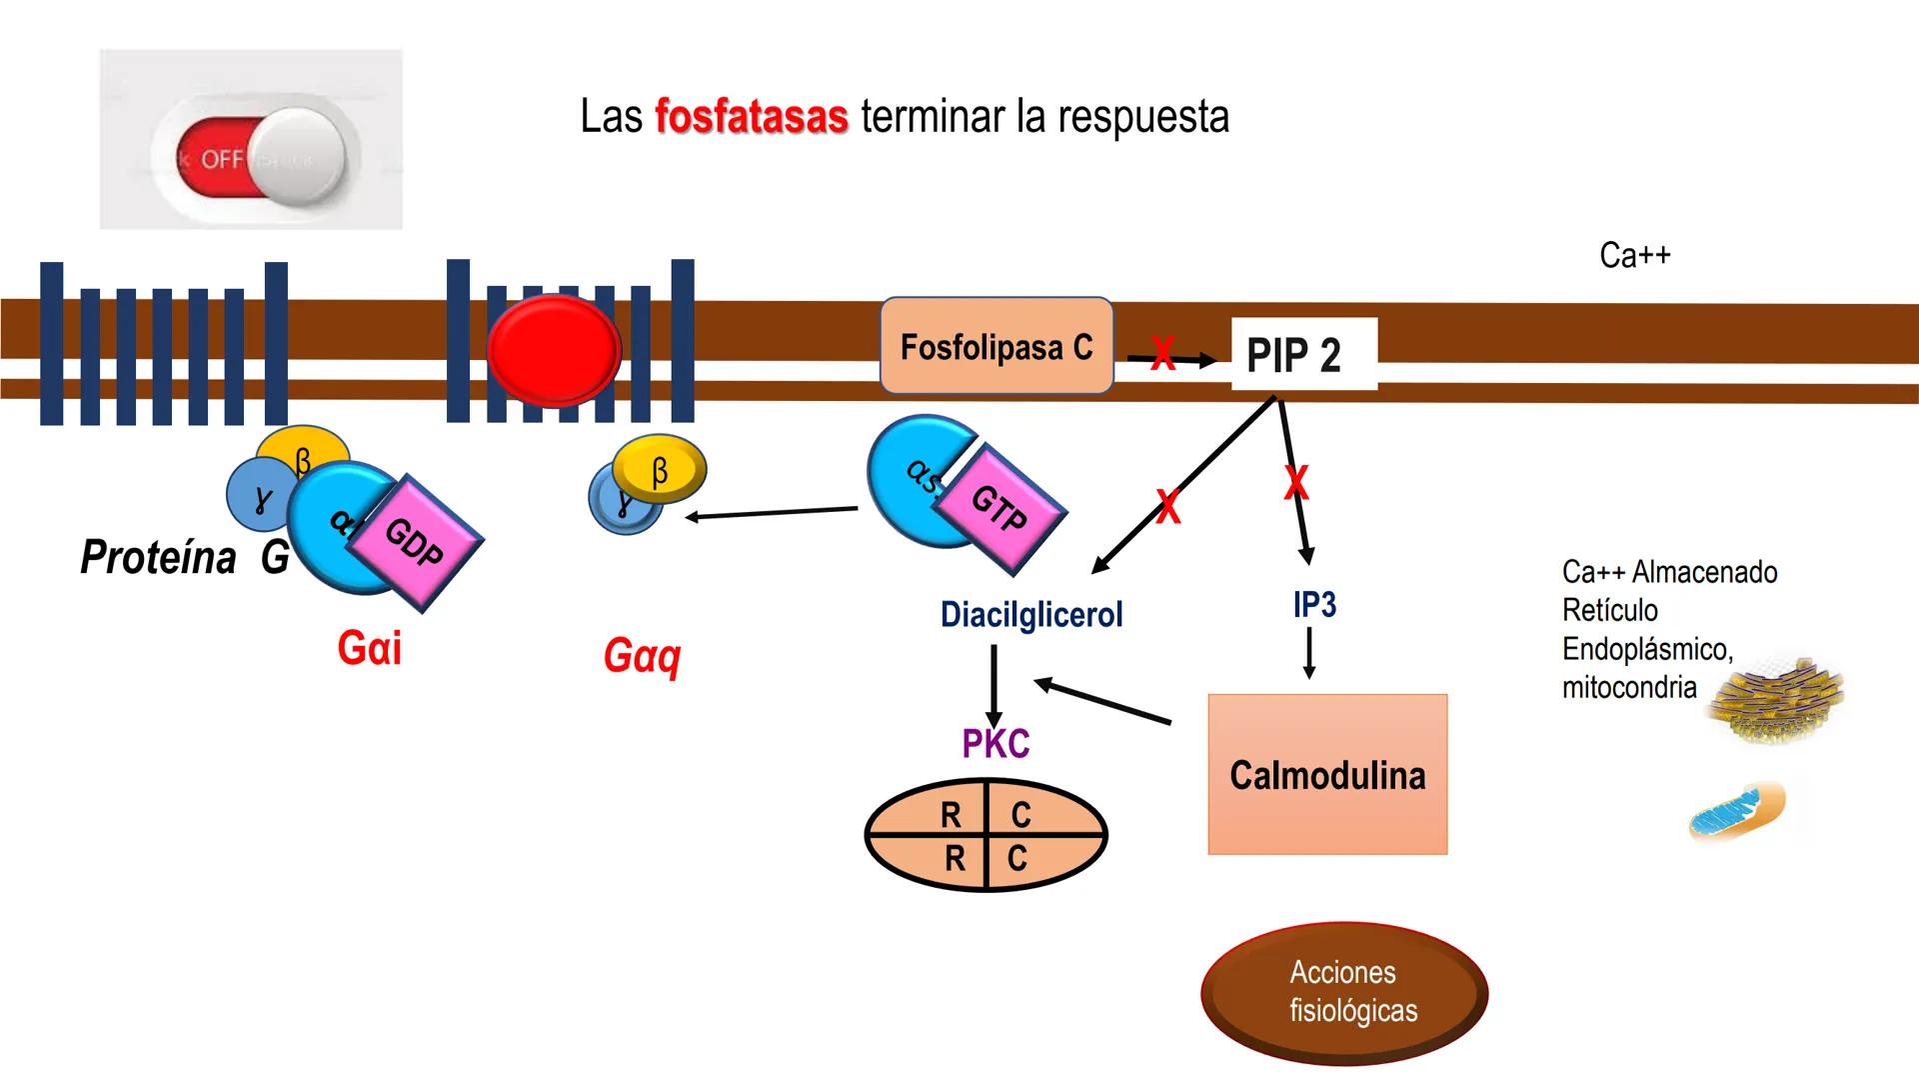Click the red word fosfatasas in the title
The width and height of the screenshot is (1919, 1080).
point(751,117)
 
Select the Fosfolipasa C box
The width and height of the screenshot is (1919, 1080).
point(995,346)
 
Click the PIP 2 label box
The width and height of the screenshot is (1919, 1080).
point(1303,354)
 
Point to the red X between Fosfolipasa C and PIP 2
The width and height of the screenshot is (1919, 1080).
point(1162,353)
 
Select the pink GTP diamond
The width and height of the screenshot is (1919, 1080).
point(998,507)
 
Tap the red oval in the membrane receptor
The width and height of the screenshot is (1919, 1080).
point(553,349)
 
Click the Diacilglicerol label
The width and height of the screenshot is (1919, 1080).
point(1030,614)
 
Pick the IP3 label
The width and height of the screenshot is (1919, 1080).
point(1313,604)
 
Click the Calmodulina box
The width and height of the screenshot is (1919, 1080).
point(1326,774)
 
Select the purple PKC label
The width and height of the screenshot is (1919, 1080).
point(994,744)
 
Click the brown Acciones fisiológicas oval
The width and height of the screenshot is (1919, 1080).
point(1343,992)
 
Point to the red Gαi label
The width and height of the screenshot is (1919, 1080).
point(369,648)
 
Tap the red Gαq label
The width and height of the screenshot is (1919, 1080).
point(642,656)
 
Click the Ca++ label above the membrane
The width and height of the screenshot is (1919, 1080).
point(1634,255)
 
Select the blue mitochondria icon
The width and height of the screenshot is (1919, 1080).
point(1735,811)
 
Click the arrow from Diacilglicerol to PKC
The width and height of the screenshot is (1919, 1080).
point(993,686)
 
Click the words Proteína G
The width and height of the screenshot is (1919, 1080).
point(184,557)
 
